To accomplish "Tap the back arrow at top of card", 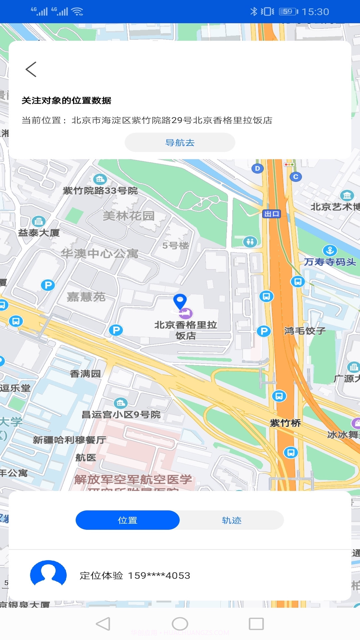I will tap(31, 69).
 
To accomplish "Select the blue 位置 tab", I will tap(128, 520).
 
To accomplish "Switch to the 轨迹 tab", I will tap(232, 520).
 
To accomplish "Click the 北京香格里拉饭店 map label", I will tap(186, 330).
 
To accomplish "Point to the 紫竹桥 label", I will tap(285, 423).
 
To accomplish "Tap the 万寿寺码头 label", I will tap(330, 262).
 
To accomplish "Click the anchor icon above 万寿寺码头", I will tap(330, 250).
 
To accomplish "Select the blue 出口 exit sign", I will tap(272, 214).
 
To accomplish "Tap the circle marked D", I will tap(257, 168).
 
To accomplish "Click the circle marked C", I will tap(296, 177).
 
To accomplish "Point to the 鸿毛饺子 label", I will tap(305, 331).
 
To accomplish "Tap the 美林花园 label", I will tap(129, 216).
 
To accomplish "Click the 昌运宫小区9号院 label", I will tap(121, 415).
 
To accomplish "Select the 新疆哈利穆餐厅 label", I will tap(69, 440).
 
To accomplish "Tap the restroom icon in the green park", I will tap(250, 241).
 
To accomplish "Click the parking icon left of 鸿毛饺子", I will tap(264, 331).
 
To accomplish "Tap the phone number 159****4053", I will tap(159, 575).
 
